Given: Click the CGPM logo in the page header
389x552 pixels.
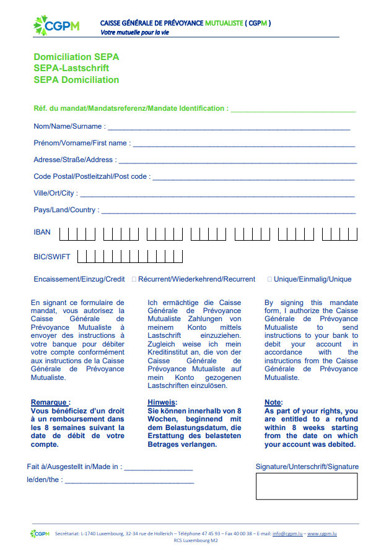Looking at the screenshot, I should click(x=56, y=25).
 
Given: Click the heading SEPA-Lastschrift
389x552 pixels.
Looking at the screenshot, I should click(x=71, y=68).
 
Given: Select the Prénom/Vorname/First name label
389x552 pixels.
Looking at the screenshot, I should click(x=82, y=143).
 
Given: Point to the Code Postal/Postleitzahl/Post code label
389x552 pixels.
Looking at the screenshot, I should click(x=90, y=176).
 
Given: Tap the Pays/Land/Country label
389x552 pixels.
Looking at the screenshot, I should click(x=65, y=210).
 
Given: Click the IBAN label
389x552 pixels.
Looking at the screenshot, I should click(x=42, y=233).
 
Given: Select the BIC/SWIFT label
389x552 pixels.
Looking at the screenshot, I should click(x=52, y=256).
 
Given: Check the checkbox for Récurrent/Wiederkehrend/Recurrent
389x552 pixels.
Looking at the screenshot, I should click(x=134, y=279).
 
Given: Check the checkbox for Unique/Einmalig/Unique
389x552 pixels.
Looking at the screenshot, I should click(x=269, y=279).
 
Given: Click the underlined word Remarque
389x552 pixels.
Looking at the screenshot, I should click(x=50, y=402).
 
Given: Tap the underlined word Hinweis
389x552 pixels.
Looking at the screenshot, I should click(x=162, y=402).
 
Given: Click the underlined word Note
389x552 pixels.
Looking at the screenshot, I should click(x=273, y=402).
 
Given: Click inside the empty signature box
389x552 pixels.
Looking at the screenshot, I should click(x=307, y=486).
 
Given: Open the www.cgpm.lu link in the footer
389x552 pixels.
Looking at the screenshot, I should click(x=322, y=533).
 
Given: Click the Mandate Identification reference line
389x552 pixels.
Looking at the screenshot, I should click(x=293, y=111).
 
